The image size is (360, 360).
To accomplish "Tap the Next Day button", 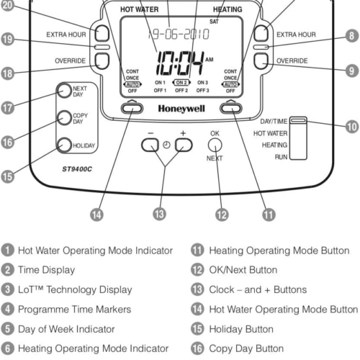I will pyautogui.click(x=61, y=91).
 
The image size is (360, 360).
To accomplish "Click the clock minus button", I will pyautogui.click(x=150, y=145).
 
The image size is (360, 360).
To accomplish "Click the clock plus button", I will pyautogui.click(x=184, y=145).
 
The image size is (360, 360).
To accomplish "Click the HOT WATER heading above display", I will pyautogui.click(x=140, y=10).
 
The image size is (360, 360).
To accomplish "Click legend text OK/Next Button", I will pyautogui.click(x=241, y=270).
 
